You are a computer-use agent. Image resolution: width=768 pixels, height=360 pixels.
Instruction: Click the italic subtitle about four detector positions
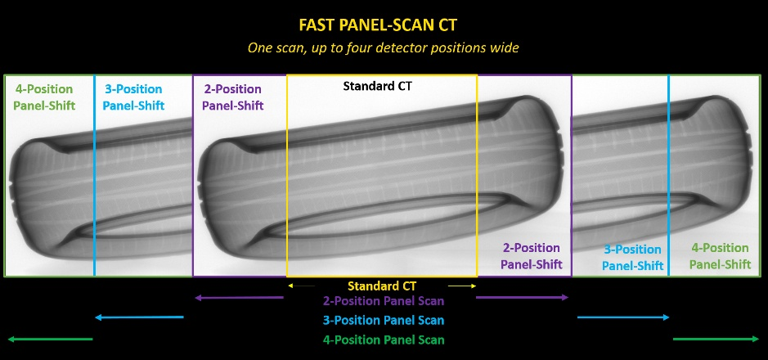tap(383, 48)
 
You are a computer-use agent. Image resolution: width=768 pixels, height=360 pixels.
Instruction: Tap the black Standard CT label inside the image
tap(378, 86)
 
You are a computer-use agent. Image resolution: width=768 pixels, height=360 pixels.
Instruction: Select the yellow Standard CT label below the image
tap(382, 286)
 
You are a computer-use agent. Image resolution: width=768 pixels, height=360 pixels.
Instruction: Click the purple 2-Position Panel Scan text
tap(384, 301)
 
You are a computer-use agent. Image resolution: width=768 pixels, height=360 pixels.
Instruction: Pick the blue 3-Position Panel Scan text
tap(384, 321)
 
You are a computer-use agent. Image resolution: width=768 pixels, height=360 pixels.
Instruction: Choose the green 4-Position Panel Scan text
tap(384, 340)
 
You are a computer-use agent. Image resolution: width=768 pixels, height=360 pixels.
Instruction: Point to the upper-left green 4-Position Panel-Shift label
tap(44, 97)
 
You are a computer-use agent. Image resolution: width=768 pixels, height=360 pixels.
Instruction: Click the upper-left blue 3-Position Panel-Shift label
tap(133, 97)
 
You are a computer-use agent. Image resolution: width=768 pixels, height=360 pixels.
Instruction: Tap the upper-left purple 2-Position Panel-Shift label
tap(232, 97)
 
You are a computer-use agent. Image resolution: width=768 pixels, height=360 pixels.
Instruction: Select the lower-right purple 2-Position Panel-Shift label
tap(532, 256)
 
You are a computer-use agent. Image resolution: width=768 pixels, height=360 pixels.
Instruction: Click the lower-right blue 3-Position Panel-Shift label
tap(633, 258)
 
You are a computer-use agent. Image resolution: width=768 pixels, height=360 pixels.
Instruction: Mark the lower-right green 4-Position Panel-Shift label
tap(720, 256)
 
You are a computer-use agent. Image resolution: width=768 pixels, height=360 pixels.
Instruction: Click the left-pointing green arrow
tap(50, 339)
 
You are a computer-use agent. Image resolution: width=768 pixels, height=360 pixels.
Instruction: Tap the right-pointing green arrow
tap(716, 339)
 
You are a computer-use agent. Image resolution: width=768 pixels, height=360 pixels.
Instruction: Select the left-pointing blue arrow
tap(139, 317)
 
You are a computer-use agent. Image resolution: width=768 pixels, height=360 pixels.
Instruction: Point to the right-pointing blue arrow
tap(623, 317)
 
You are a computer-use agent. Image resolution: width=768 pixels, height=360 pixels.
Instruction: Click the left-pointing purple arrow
tap(239, 297)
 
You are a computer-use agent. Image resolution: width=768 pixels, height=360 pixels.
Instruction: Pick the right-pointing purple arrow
tap(522, 297)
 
